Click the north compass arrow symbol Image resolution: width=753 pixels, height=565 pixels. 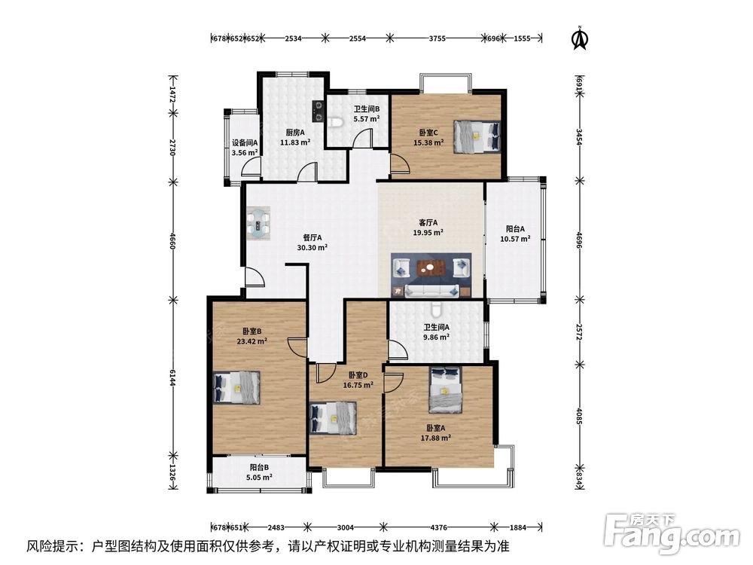[x=580, y=38]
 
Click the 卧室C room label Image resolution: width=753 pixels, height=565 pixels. [x=428, y=132]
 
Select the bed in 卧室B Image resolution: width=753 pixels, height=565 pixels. [x=236, y=388]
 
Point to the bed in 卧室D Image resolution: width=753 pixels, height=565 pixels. [x=334, y=418]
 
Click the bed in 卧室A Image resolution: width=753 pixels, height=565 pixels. [x=446, y=389]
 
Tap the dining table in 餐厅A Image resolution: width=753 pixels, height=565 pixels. [x=258, y=224]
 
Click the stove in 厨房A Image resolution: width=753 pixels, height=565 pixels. [x=318, y=110]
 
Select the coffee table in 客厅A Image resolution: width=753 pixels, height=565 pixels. [x=431, y=267]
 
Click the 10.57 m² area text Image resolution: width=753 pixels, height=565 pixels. [x=515, y=239]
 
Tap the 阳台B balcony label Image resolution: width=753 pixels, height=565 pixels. [x=259, y=467]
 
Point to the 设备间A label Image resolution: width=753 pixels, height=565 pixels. [x=245, y=142]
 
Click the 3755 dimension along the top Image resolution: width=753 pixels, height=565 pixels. [x=437, y=38]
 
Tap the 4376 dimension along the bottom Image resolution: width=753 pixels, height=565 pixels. [x=438, y=527]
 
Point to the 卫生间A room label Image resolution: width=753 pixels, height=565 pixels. [x=436, y=327]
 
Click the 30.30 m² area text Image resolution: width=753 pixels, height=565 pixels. [x=312, y=248]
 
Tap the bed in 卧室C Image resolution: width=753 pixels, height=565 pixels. [x=477, y=136]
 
